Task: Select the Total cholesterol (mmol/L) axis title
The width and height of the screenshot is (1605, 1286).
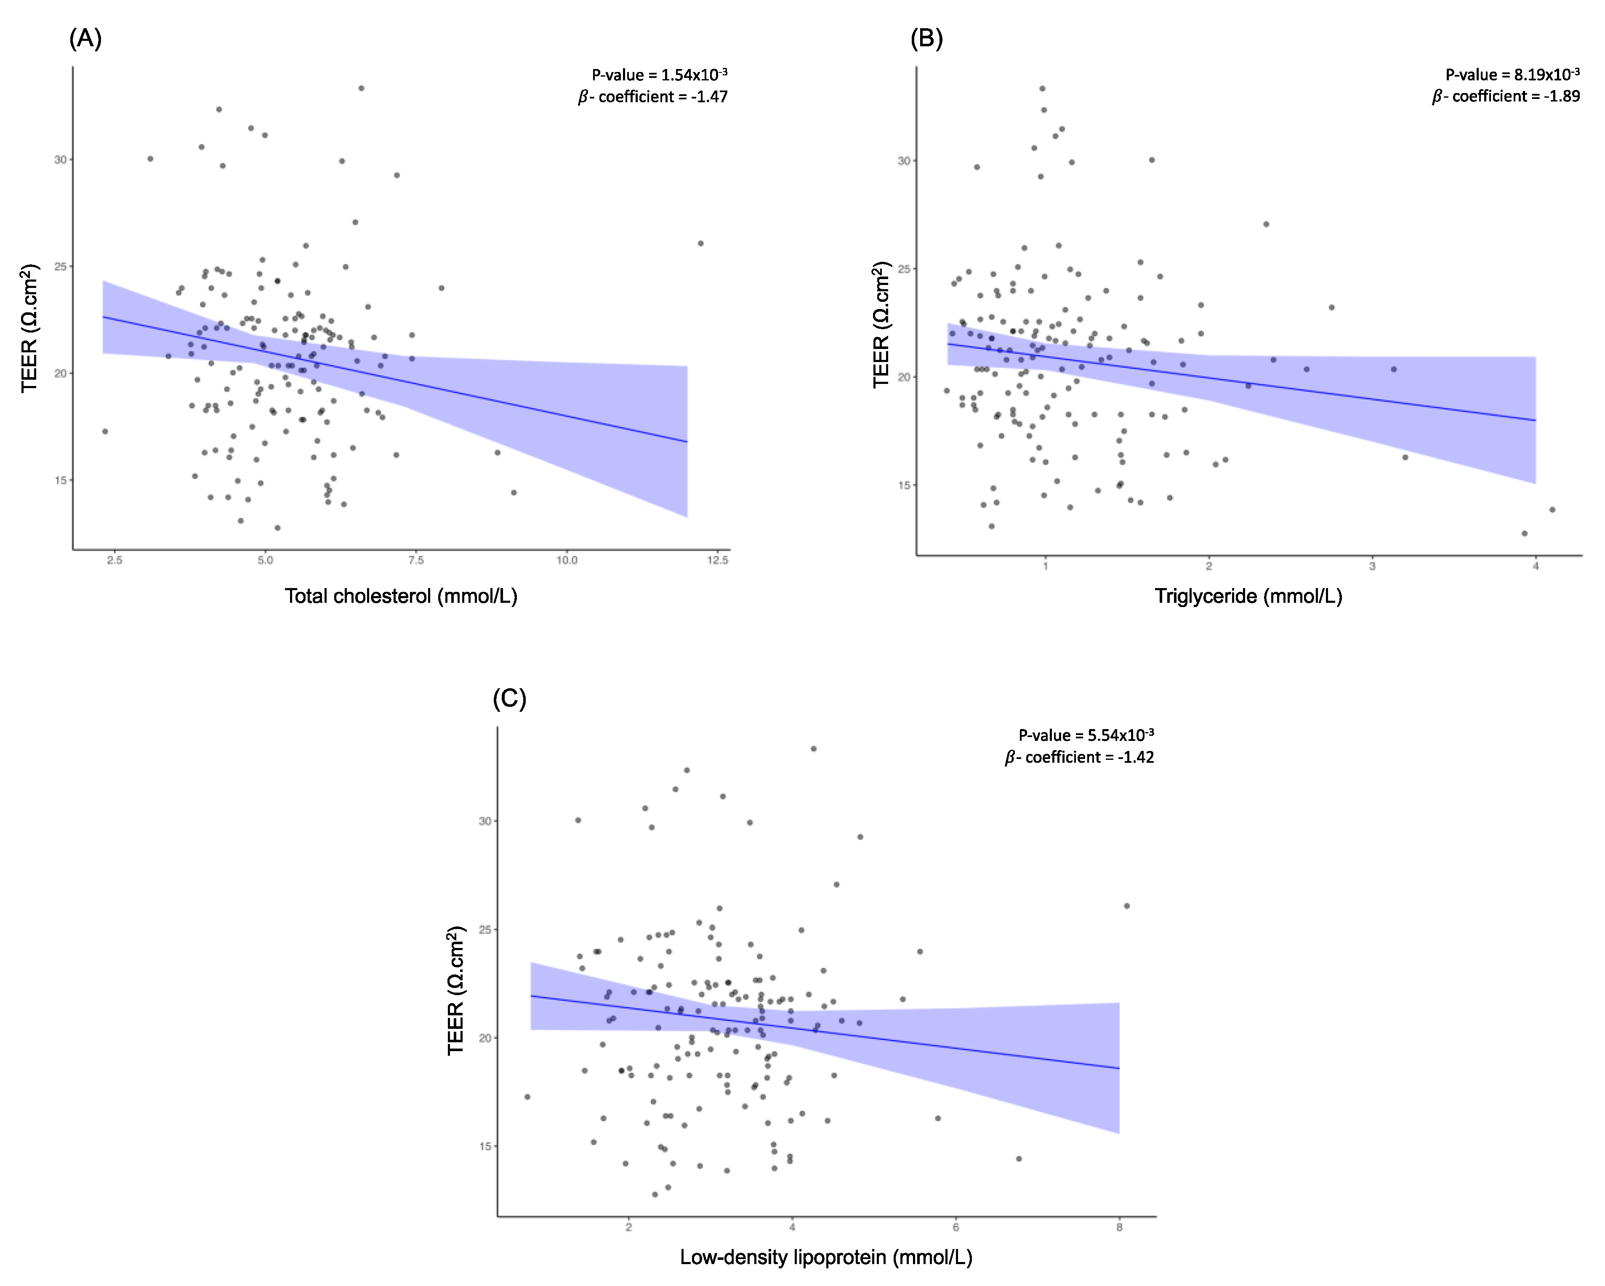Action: [x=400, y=596]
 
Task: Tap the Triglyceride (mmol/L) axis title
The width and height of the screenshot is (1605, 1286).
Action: [x=1248, y=596]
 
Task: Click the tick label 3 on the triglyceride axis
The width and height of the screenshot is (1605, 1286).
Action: [x=1372, y=566]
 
